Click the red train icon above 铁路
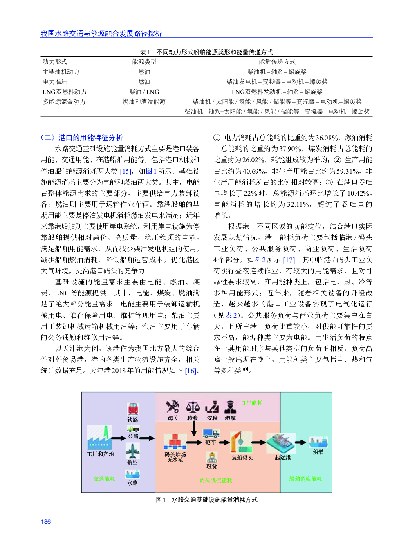[x=133, y=409]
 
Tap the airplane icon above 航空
[x=132, y=451]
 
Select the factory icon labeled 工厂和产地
[x=100, y=438]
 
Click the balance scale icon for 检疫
[x=193, y=407]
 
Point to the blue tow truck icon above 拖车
[x=211, y=433]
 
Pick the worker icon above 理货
[x=211, y=457]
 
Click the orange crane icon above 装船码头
[x=241, y=442]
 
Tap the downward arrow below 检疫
[x=194, y=429]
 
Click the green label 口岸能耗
[x=251, y=403]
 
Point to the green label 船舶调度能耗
[x=305, y=479]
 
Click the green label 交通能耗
[x=104, y=479]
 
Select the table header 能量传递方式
[x=277, y=62]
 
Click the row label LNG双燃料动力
[x=65, y=92]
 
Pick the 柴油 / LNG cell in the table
[x=144, y=92]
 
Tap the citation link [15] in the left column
[x=126, y=171]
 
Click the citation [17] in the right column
[x=289, y=260]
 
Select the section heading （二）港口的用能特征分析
[x=82, y=138]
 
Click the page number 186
[x=46, y=522]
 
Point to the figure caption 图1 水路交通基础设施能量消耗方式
[x=206, y=500]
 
